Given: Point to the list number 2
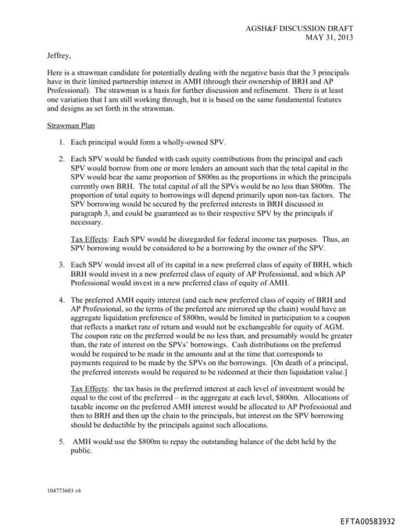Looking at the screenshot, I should (61, 159).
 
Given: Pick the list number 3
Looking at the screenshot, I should (61, 265).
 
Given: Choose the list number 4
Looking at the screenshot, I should (61, 300).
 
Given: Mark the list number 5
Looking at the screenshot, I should (61, 442).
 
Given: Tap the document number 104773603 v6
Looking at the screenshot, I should (66, 490).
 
